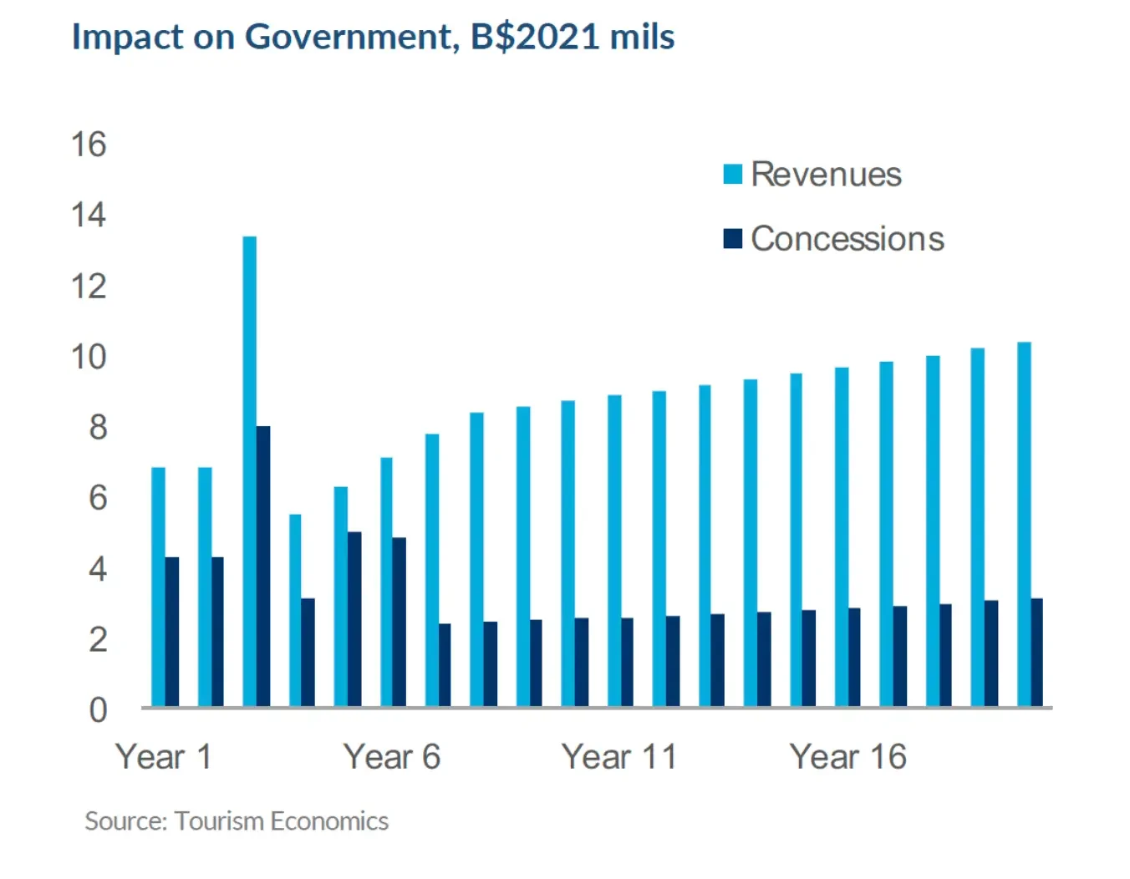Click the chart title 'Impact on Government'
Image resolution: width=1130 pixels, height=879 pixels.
tap(265, 38)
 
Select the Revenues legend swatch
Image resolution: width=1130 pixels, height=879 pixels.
tap(733, 175)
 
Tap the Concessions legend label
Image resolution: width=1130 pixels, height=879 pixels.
tap(847, 239)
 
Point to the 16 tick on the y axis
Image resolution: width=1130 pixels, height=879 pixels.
tap(89, 145)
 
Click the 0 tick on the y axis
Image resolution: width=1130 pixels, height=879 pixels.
tap(98, 710)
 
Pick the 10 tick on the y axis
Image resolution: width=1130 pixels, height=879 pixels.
tap(89, 357)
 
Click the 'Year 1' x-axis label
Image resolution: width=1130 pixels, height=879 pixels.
tap(164, 757)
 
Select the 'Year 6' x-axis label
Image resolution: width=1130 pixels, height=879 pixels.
tap(391, 757)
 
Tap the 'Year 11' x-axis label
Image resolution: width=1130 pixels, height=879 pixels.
tap(618, 757)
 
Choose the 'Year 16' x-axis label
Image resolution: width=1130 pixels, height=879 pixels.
tap(847, 757)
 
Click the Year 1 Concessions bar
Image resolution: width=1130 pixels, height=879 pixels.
tap(172, 632)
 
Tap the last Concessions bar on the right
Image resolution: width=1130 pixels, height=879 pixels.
tap(1037, 653)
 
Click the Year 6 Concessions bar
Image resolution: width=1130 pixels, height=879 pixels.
tap(400, 622)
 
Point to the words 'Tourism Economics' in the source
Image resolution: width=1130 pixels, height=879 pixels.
tap(282, 821)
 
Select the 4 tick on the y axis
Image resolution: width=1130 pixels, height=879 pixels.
tap(98, 569)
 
